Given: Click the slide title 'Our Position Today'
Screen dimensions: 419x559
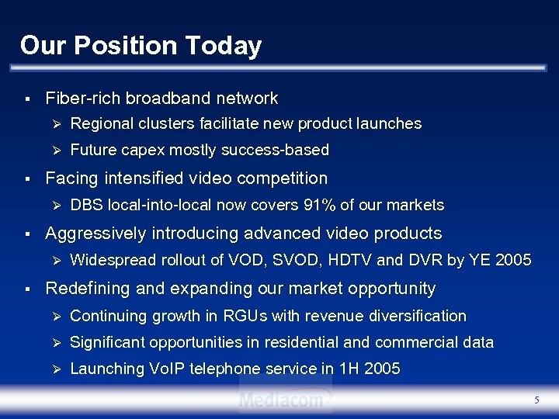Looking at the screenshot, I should point(141,46).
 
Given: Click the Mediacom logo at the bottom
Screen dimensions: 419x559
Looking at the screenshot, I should point(285,400).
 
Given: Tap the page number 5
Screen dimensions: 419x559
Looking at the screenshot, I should point(536,400).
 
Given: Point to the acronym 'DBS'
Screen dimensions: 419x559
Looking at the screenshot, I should point(86,206).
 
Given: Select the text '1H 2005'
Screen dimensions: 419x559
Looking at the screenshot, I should point(371,369).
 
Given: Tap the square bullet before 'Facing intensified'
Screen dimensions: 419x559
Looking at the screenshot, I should point(27,179).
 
